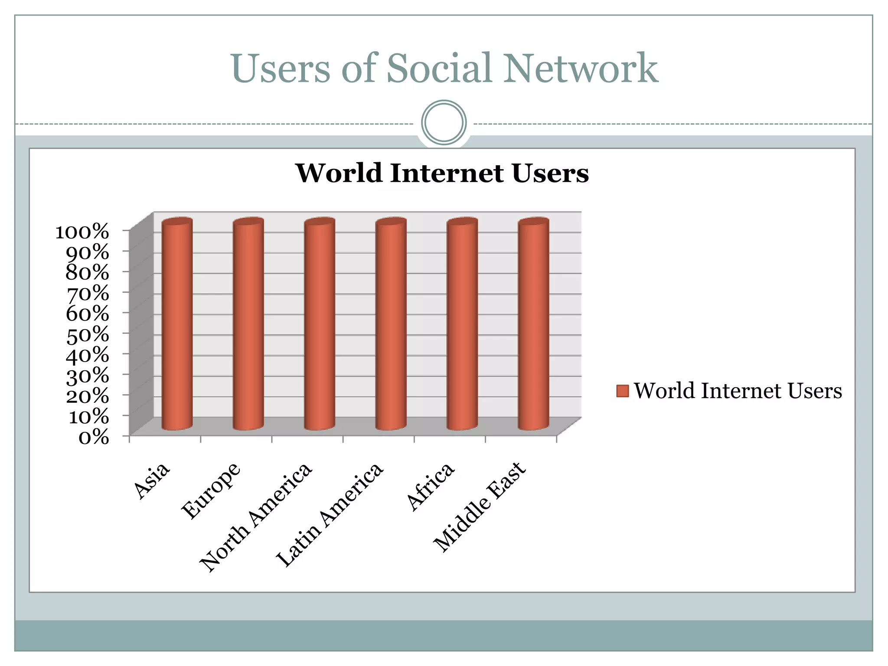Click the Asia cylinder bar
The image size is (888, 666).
coord(177,325)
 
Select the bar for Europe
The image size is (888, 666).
coord(248,325)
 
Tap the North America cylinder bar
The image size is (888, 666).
coord(320,325)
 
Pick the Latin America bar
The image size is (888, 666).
coord(391,325)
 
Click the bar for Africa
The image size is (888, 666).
coord(462,325)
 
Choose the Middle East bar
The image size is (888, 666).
coord(533,325)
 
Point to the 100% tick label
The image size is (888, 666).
coord(82,232)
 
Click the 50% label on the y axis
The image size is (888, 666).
coord(87,335)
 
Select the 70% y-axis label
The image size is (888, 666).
coord(87,294)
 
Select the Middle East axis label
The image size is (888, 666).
coord(480,507)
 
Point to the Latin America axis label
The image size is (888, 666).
coord(330,515)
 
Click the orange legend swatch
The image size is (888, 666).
coord(622,391)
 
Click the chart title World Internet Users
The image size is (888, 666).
coord(442,173)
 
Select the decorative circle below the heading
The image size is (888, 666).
coord(444,122)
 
